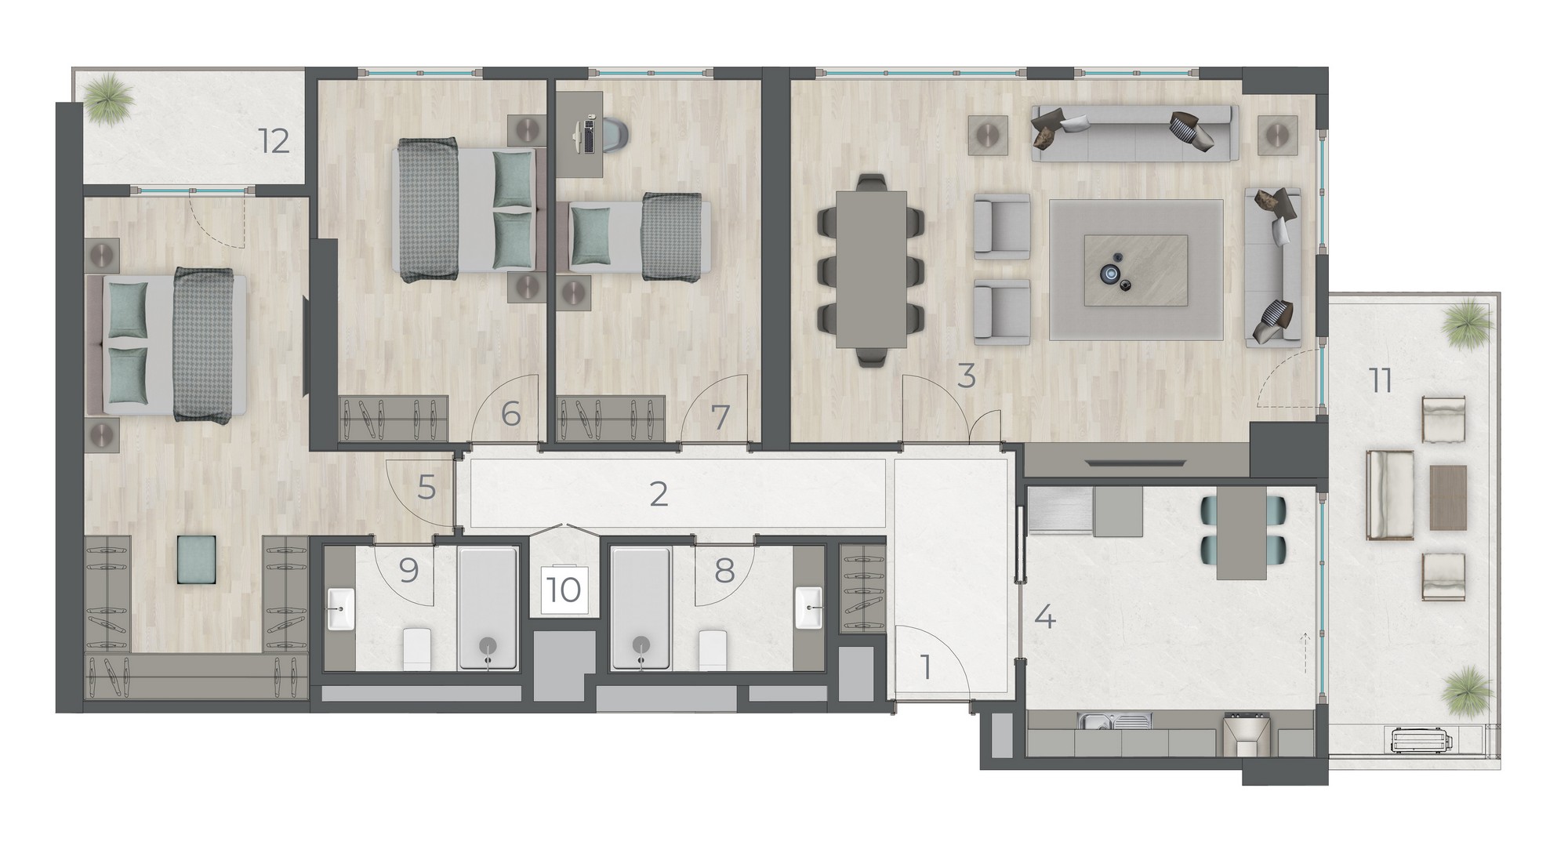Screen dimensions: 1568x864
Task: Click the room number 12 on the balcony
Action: pos(275,142)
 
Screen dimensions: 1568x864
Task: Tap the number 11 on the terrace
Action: pos(1381,381)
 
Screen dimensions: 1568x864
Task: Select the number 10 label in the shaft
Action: pos(564,590)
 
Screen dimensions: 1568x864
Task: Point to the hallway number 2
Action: pos(659,494)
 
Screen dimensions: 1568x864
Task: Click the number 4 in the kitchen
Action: pos(1046,617)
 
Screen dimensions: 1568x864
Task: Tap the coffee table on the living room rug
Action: pos(1136,270)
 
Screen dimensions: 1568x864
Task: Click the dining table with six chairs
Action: pos(870,269)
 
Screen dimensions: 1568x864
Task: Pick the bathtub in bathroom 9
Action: pos(488,608)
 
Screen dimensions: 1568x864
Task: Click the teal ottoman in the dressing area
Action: pos(197,559)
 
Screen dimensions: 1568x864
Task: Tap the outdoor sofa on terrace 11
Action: pos(1390,495)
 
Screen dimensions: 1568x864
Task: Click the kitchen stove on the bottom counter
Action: pos(1244,732)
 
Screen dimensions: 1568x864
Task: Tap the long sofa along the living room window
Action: pos(1134,133)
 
